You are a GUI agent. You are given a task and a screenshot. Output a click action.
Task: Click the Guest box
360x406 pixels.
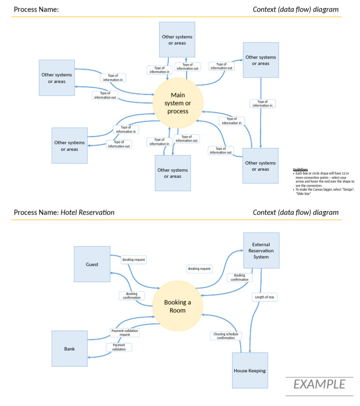92,264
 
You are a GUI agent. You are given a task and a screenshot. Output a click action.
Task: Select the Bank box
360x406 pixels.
69,348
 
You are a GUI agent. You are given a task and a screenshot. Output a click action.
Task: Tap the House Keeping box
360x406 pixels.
250,370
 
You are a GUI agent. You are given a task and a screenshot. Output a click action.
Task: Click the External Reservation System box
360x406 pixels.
261,250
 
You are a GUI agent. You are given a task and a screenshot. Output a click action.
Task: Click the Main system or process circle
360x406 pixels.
178,103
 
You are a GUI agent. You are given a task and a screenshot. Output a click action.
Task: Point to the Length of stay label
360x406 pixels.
265,297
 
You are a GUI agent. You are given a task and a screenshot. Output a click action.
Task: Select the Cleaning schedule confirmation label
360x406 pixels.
226,336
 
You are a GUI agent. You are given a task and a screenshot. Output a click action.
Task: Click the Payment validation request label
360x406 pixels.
125,332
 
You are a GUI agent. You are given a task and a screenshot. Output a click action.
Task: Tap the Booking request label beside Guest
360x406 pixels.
134,259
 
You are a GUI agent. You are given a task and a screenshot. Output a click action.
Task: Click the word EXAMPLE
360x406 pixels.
319,384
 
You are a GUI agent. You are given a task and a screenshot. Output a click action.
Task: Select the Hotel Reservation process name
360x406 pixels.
88,212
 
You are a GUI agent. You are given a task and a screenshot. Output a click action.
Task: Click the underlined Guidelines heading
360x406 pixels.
300,169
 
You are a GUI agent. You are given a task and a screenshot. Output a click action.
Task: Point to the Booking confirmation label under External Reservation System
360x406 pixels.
240,278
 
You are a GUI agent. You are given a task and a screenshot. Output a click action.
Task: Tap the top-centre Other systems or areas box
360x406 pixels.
177,40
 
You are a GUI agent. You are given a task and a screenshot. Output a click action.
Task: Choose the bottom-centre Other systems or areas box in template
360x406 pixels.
172,173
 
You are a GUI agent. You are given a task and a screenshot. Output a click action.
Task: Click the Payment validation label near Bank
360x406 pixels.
119,347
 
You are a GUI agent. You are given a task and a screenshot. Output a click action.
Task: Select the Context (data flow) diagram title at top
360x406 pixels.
295,9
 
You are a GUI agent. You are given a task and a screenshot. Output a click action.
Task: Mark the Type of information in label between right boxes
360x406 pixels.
262,104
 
